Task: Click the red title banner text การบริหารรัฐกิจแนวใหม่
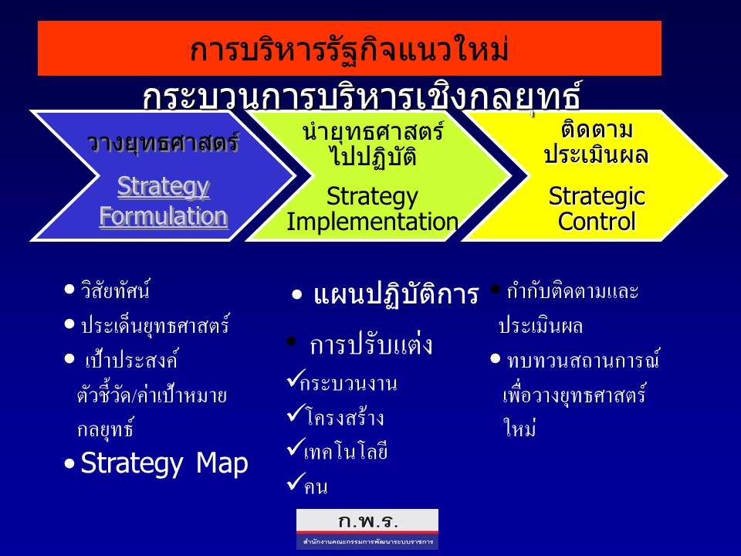pyautogui.click(x=349, y=49)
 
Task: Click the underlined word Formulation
pyautogui.click(x=164, y=216)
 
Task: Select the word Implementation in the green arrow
pyautogui.click(x=372, y=222)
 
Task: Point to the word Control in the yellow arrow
pyautogui.click(x=597, y=222)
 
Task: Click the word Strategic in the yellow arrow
pyautogui.click(x=597, y=196)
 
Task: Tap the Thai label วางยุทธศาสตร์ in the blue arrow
pyautogui.click(x=164, y=143)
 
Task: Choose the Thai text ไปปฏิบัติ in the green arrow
pyautogui.click(x=374, y=156)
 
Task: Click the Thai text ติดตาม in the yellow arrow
pyautogui.click(x=597, y=129)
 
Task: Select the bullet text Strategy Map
pyautogui.click(x=164, y=463)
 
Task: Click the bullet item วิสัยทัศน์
pyautogui.click(x=115, y=290)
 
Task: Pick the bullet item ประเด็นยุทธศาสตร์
pyautogui.click(x=155, y=325)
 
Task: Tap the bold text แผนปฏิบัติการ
pyautogui.click(x=396, y=294)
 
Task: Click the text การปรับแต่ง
pyautogui.click(x=371, y=344)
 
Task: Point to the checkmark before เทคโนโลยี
pyautogui.click(x=296, y=447)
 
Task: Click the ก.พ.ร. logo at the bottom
pyautogui.click(x=367, y=529)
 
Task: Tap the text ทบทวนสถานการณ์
pyautogui.click(x=584, y=361)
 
